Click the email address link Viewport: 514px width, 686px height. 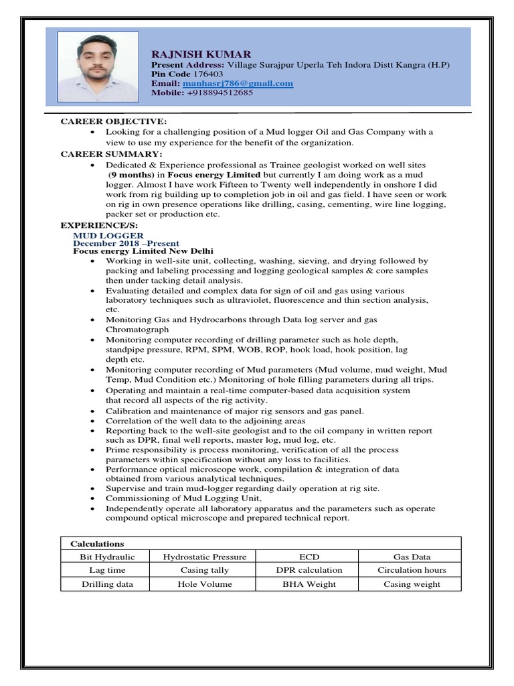pos(238,84)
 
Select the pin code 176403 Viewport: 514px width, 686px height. pos(208,74)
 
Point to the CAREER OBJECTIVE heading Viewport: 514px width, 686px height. pos(114,121)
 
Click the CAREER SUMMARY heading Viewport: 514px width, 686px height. pos(111,154)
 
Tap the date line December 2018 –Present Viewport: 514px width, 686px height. pos(126,244)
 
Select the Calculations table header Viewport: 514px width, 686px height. pos(98,544)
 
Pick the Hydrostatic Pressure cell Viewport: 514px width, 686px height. pos(204,557)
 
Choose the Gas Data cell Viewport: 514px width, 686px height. pos(412,557)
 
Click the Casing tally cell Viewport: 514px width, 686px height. pos(204,570)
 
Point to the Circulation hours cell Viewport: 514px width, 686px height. pos(412,570)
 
